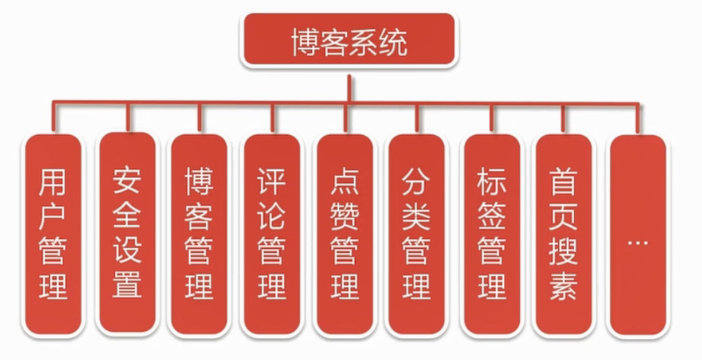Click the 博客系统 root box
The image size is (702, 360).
tap(349, 40)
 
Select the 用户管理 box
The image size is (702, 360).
tap(53, 235)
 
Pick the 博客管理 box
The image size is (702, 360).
tap(200, 235)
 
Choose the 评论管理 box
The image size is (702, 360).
tap(273, 235)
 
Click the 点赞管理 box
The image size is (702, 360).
tap(345, 235)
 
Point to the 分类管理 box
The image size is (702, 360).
tap(417, 235)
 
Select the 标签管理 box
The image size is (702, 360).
tap(492, 235)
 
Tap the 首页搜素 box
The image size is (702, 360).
tap(564, 235)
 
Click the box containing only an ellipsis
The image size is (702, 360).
tap(637, 235)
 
